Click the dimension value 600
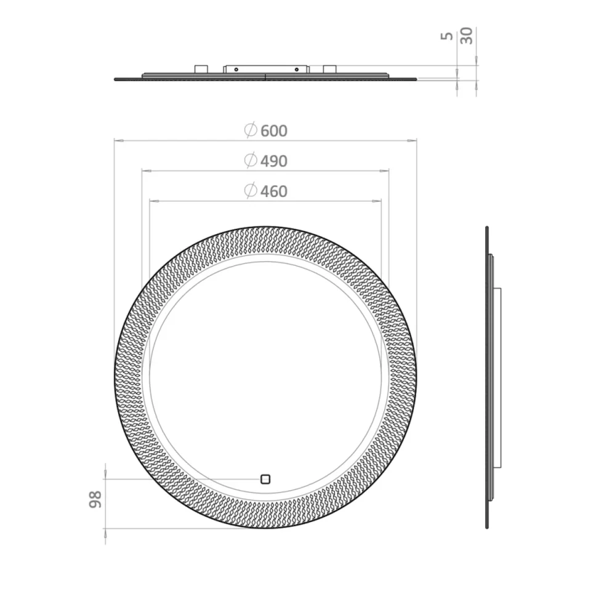coord(274,131)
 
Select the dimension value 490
coord(274,161)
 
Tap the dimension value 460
coord(274,191)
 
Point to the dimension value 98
coord(95,499)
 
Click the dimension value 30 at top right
coord(467,35)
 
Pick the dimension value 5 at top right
coord(448,36)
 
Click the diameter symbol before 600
coord(250,130)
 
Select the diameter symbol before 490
coord(250,161)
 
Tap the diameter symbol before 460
coord(250,191)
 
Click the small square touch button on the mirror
coord(265,478)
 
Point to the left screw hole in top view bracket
coord(235,70)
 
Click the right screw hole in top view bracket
coord(296,70)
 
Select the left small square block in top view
coord(201,69)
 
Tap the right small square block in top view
coord(329,69)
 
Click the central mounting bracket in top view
coord(265,69)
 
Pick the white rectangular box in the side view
coord(497,377)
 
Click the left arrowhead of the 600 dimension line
coord(118,141)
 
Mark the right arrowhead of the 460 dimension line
coord(377,201)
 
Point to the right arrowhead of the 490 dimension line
coord(385,171)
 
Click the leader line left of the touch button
coord(185,478)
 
